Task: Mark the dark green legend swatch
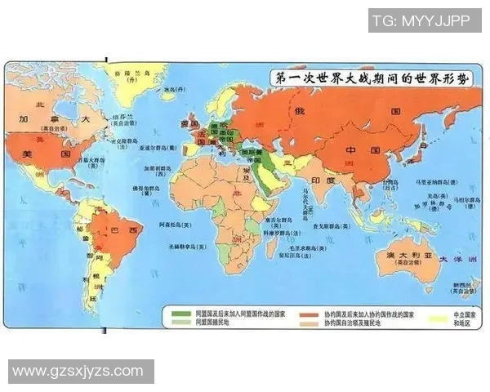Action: pyautogui.click(x=174, y=312)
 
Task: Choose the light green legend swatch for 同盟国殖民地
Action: pyautogui.click(x=174, y=322)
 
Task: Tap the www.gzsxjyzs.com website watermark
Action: pyautogui.click(x=78, y=372)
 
